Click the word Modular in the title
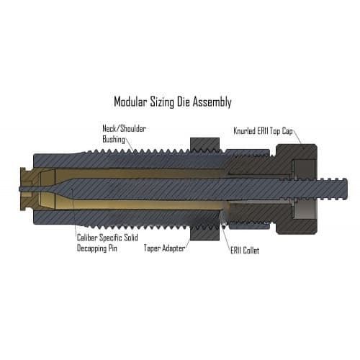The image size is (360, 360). [x=130, y=102]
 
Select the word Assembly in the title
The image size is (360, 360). [x=212, y=102]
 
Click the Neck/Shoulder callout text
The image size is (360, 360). [x=124, y=129]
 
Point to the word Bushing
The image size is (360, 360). [x=114, y=140]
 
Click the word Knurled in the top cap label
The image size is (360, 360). [x=244, y=131]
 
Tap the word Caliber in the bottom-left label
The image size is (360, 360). [x=87, y=238]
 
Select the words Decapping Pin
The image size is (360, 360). [x=97, y=248]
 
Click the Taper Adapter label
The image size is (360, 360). [x=164, y=248]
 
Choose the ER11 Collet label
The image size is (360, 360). [x=245, y=251]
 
